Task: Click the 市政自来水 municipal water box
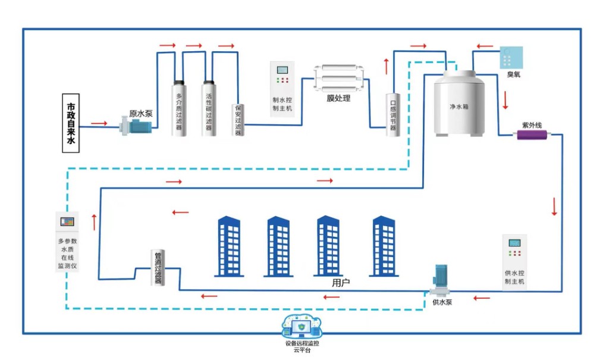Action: click(71, 123)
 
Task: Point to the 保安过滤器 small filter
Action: click(238, 119)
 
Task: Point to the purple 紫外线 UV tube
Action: click(532, 134)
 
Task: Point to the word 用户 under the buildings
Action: click(341, 283)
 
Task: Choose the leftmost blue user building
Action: click(228, 246)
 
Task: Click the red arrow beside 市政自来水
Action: click(99, 124)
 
